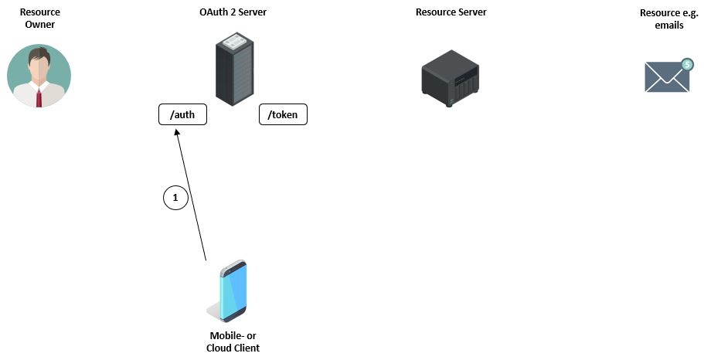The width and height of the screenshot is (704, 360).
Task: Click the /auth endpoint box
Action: click(182, 115)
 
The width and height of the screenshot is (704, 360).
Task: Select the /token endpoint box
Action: click(282, 115)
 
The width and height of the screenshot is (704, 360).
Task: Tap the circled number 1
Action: click(175, 198)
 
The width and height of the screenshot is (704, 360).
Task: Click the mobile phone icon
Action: click(230, 291)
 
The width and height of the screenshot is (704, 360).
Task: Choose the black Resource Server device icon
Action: click(451, 77)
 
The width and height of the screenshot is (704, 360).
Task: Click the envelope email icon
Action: click(666, 77)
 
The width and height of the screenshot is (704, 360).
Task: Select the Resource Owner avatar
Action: click(39, 76)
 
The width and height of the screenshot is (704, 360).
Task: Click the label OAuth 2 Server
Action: click(233, 12)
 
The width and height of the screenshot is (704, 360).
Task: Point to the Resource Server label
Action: click(451, 12)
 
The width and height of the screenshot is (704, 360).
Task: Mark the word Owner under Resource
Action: click(39, 25)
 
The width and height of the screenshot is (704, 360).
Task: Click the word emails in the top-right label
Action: click(669, 25)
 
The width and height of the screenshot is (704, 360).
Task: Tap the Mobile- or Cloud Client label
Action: click(233, 341)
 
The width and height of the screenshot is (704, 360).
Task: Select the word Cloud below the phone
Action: click(219, 348)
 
